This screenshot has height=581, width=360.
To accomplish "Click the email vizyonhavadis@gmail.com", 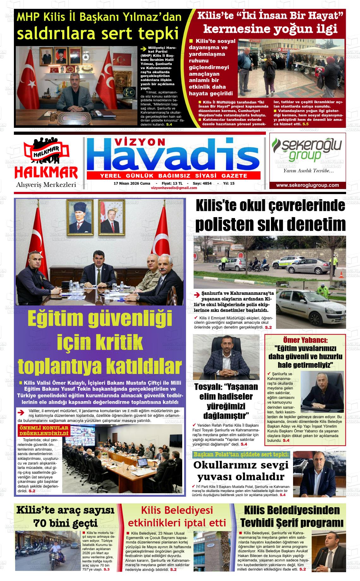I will tap(174, 188).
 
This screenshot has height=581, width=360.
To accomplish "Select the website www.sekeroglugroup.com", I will tap(307, 186).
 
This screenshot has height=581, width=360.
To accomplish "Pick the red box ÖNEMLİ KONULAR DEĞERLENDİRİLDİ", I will tap(44, 431).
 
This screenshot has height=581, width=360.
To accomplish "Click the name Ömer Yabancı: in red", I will tap(305, 340).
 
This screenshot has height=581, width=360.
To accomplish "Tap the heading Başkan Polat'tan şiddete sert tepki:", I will tap(241, 454).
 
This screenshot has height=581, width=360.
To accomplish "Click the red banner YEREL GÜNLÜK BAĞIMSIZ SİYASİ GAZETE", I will tap(173, 176).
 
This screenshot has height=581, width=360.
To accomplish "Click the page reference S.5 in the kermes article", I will tap(305, 124).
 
